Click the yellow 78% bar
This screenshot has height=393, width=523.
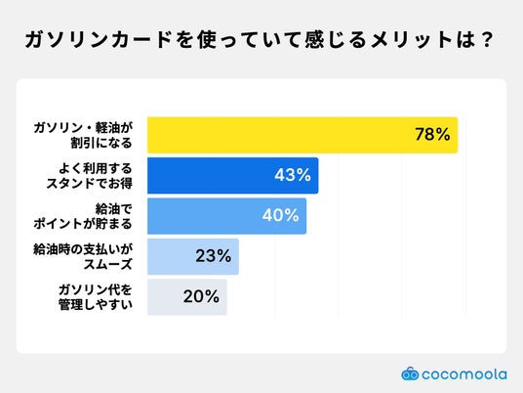[302, 135]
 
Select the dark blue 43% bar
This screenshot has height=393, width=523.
[233, 175]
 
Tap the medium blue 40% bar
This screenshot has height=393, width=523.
[226, 216]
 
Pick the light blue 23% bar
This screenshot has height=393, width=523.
[193, 256]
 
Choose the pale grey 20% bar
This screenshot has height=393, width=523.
[187, 297]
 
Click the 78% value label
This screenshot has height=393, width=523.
[432, 134]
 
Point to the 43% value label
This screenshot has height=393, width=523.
[293, 175]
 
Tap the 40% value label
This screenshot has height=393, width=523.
[280, 215]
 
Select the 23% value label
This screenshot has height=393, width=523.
[214, 256]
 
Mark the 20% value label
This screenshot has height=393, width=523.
[201, 296]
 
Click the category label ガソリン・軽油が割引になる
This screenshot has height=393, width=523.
[83, 135]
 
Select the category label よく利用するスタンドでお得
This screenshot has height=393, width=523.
[90, 176]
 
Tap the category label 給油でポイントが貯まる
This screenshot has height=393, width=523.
[83, 217]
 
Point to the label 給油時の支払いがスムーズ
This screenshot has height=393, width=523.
[83, 257]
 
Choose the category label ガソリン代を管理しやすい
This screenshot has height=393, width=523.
[96, 297]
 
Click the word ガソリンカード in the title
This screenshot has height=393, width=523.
[99, 40]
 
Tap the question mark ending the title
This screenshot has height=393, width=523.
[487, 40]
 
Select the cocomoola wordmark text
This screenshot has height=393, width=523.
[464, 374]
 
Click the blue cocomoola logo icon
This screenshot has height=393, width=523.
[410, 373]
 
